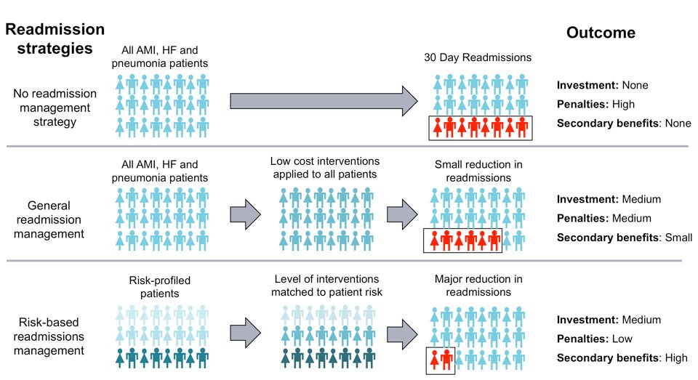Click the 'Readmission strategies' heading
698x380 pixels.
(55, 39)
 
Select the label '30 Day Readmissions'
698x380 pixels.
(478, 58)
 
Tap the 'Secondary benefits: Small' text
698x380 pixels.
(625, 237)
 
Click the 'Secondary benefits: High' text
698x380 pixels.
(623, 357)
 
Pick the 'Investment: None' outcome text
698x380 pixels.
(603, 85)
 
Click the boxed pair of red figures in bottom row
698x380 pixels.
(440, 359)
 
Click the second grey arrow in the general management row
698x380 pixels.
(401, 215)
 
